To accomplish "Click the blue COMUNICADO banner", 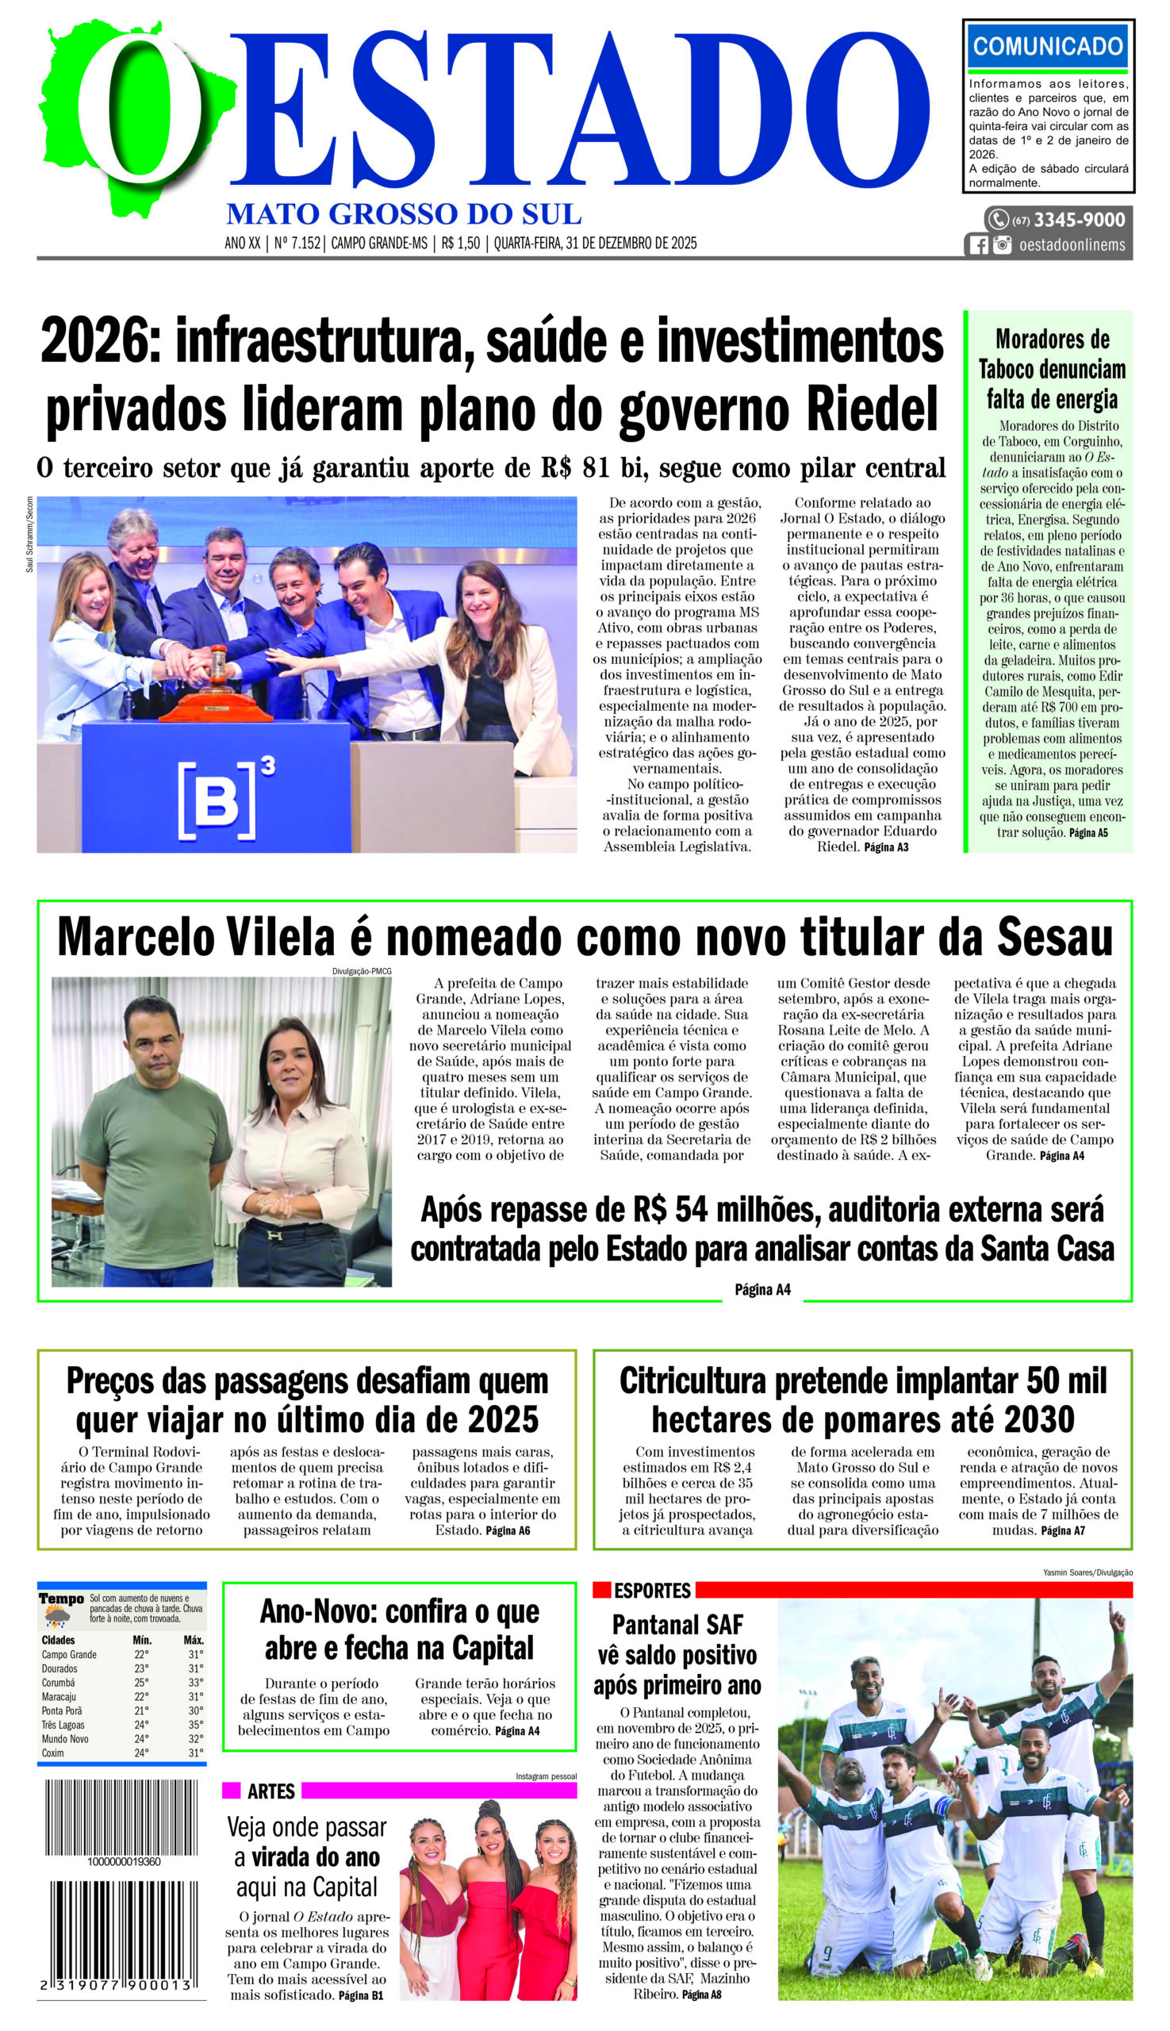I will [x=1047, y=46].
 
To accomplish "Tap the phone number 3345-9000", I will [x=1080, y=220].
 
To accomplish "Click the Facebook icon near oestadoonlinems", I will [x=979, y=245].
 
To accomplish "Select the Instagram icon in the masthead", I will [x=1002, y=245].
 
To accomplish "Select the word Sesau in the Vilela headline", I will [x=1055, y=938].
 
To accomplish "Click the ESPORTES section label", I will [x=652, y=1591].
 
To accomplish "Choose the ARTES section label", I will [x=270, y=1791].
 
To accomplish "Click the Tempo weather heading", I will [x=61, y=1599].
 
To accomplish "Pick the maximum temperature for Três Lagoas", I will [x=195, y=1725].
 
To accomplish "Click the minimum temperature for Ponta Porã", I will [x=141, y=1710].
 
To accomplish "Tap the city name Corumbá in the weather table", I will [x=59, y=1682].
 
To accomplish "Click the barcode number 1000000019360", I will [x=124, y=1861].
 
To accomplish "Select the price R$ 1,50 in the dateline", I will [x=460, y=243].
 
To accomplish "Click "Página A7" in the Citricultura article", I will [x=1062, y=1530].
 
